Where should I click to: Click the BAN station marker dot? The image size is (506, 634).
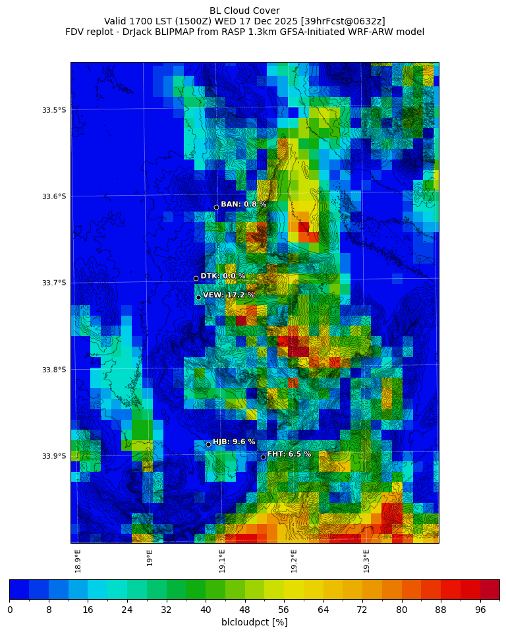[x=216, y=207]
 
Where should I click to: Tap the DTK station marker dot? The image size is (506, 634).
[x=196, y=278]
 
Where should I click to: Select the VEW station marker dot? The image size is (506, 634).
[x=198, y=297]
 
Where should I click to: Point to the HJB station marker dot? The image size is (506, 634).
[x=208, y=444]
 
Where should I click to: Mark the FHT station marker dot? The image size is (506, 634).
[x=263, y=457]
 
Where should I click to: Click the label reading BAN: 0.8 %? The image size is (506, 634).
[x=244, y=204]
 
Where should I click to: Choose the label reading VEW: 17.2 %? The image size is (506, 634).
[x=229, y=295]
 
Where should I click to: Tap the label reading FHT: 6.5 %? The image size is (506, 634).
[x=289, y=454]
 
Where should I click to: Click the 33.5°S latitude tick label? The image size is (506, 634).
[x=54, y=110]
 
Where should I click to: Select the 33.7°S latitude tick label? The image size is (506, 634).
[x=54, y=283]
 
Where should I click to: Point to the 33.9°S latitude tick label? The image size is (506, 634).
[x=54, y=456]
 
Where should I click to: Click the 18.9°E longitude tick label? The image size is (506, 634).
[x=78, y=561]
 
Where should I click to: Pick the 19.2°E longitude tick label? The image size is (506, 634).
[x=294, y=561]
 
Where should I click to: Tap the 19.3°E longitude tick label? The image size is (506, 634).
[x=366, y=561]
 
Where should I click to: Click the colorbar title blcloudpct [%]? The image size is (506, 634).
[x=254, y=622]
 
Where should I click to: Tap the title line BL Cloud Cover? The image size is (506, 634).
[x=244, y=11]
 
